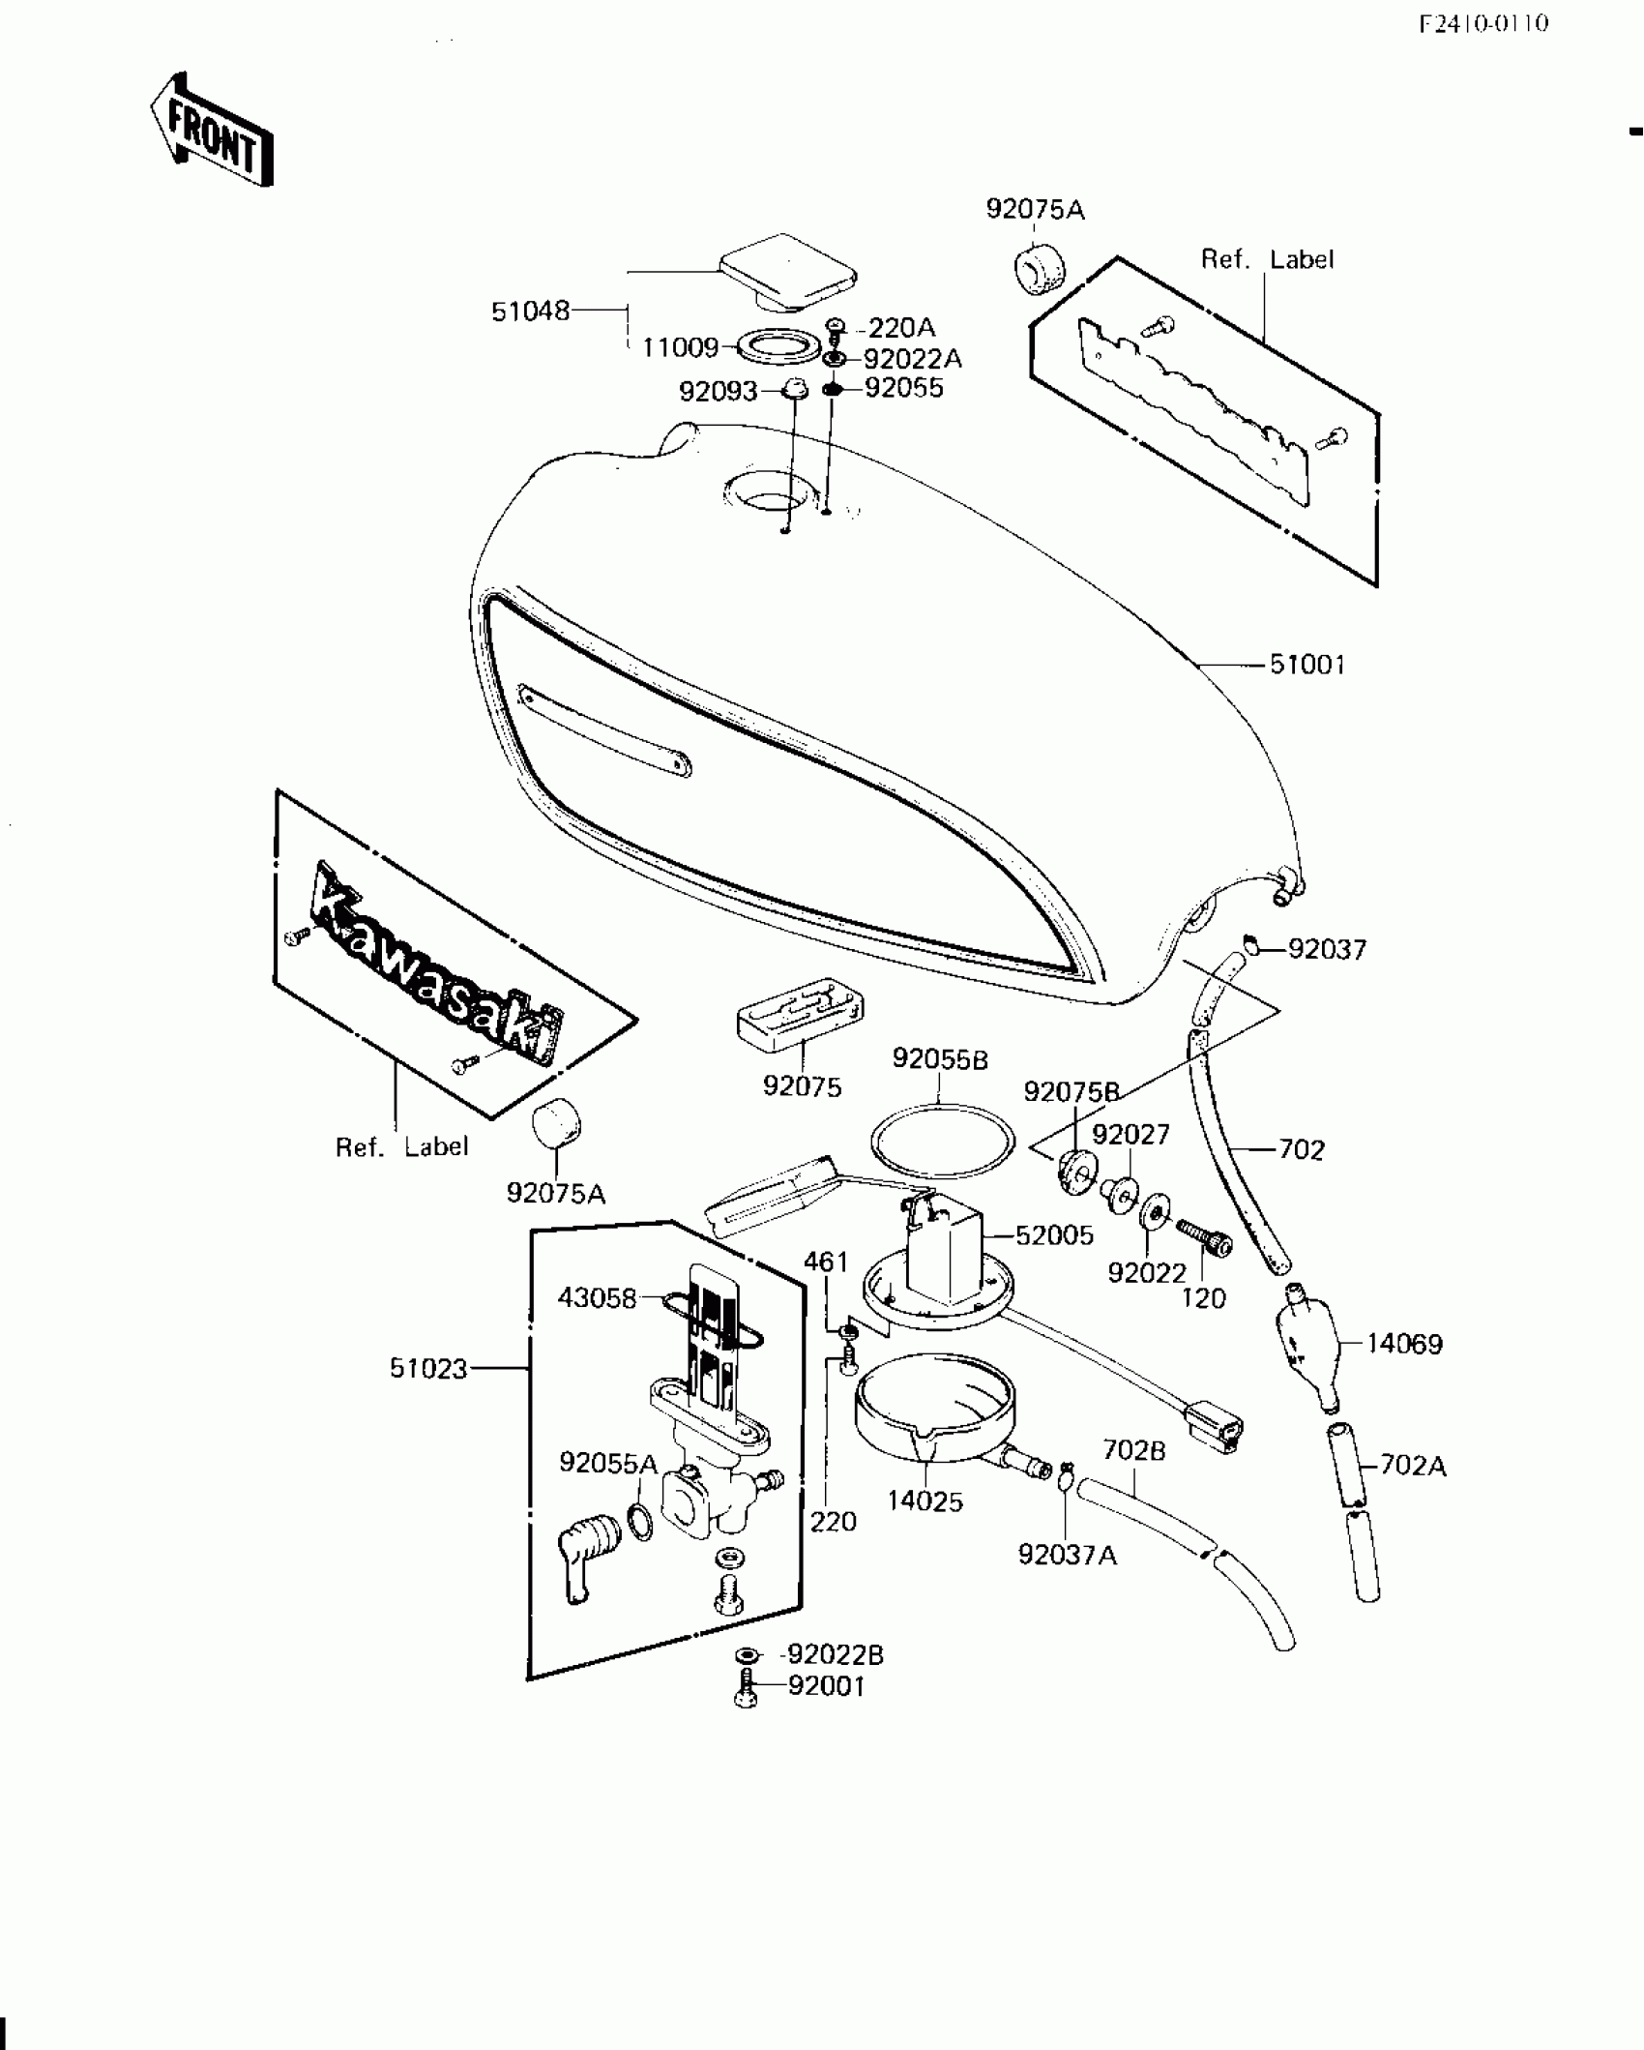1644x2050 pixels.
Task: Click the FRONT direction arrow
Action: click(211, 131)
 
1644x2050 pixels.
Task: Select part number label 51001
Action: click(1306, 666)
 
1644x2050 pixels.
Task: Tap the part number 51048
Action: click(530, 312)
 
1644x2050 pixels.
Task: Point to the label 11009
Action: click(681, 346)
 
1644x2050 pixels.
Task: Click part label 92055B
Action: click(940, 1059)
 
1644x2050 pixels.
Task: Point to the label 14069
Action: click(1404, 1344)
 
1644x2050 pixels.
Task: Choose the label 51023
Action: click(428, 1368)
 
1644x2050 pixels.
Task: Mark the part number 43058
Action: click(597, 1297)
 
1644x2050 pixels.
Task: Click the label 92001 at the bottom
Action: click(826, 1686)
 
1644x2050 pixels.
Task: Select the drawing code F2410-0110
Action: click(1483, 23)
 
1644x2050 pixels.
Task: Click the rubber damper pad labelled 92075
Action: click(799, 1013)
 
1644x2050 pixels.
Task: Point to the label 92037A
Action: click(1067, 1555)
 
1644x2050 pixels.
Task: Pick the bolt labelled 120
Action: click(1204, 1237)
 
